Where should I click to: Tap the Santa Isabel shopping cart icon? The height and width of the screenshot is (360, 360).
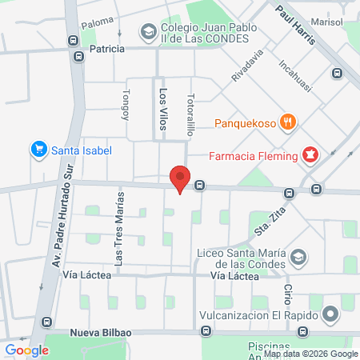[38, 149]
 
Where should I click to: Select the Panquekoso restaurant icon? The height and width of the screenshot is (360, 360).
[289, 122]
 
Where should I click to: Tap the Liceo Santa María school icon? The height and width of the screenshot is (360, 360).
[298, 258]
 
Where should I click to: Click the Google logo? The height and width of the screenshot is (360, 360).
[26, 350]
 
